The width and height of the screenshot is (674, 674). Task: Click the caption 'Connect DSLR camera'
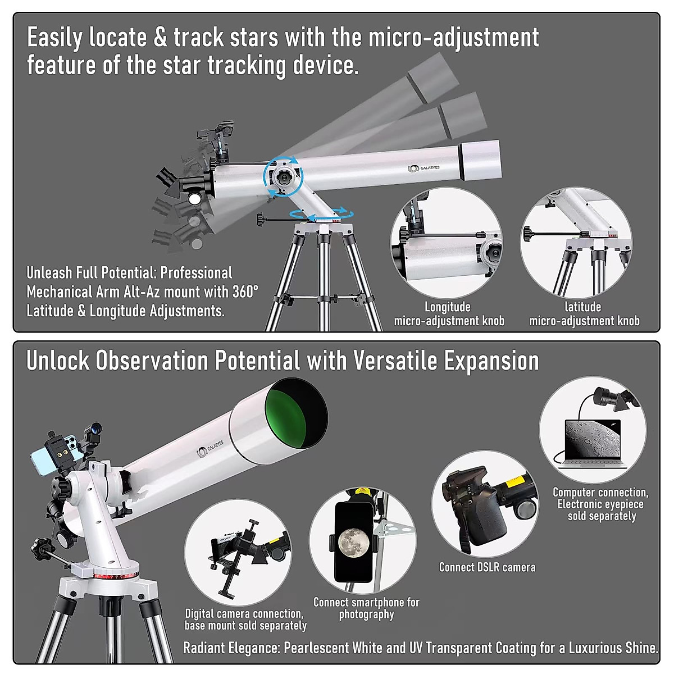487,567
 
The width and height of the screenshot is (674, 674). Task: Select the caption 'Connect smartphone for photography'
366,608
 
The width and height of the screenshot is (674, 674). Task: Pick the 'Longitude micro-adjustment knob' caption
449,314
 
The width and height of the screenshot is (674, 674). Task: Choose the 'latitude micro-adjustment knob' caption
584,314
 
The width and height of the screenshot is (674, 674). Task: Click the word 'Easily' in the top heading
54,38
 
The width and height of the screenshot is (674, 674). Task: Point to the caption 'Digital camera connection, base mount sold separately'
245,620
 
